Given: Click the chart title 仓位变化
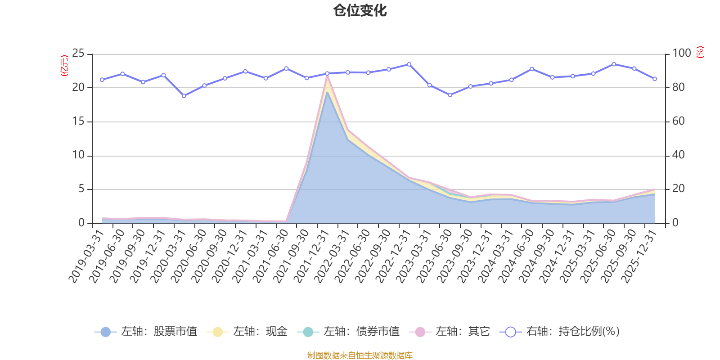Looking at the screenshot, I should [x=360, y=10].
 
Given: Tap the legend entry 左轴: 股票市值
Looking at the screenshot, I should [x=147, y=332].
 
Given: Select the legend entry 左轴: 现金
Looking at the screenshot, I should [x=247, y=332].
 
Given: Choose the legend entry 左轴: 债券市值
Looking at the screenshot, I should [x=349, y=332].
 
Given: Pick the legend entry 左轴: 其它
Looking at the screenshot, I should [x=450, y=332].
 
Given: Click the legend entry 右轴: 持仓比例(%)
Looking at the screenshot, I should [x=560, y=332].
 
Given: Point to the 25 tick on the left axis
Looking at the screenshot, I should [x=78, y=54].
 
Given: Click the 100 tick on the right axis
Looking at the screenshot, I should [x=682, y=54].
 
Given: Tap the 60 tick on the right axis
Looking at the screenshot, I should [x=679, y=121].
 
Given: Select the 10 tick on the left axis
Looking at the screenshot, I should [x=78, y=155].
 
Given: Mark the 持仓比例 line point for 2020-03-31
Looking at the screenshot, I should [x=184, y=96].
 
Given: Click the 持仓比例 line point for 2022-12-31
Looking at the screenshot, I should [x=409, y=64].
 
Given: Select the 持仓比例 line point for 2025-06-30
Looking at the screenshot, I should [x=614, y=64].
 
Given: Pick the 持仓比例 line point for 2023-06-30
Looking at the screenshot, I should [x=450, y=95].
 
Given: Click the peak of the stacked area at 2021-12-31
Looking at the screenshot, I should [x=327, y=75].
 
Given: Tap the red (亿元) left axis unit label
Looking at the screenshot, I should [x=64, y=66].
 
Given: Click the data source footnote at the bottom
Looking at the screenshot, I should [x=360, y=355].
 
